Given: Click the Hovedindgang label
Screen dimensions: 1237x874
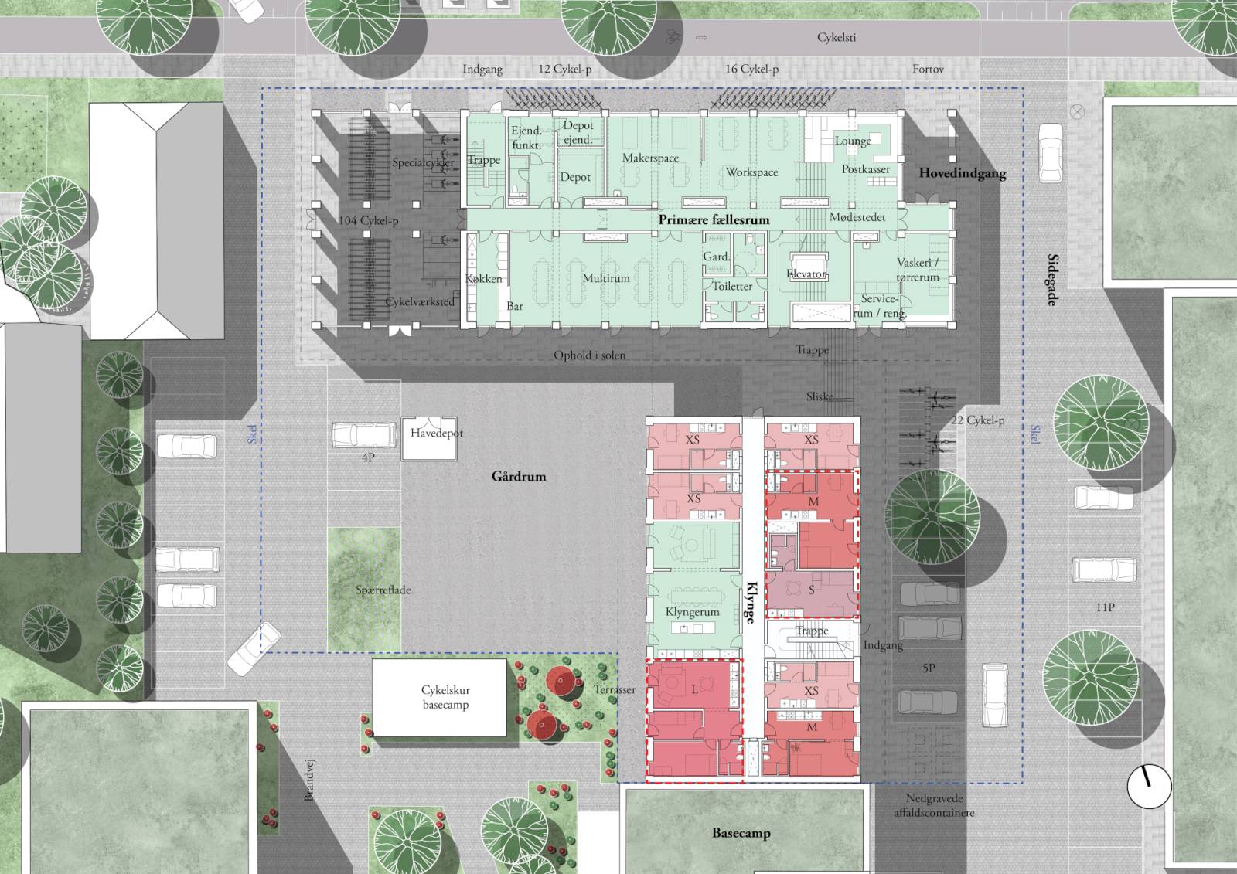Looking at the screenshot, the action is coord(963,173).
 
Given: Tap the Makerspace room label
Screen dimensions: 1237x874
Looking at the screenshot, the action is coord(650,158).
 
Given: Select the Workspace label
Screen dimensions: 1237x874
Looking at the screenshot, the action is coord(751,172).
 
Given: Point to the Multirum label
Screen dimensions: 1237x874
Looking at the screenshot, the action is coord(606,278).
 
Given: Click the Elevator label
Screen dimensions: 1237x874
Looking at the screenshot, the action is coord(806,274).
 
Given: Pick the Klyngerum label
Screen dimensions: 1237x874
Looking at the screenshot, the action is coord(693,612).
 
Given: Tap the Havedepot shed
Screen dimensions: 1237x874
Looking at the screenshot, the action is coord(429,439).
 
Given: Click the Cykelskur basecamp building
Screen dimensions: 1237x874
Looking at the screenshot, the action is coord(440,697).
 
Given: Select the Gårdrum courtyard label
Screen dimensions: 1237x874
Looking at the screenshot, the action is coord(519,476).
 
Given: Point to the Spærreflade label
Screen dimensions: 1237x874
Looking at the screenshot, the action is coord(383,590).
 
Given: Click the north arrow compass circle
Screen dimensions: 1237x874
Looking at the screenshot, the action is coord(1149,787).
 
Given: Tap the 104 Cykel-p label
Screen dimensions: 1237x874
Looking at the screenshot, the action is coord(368,221).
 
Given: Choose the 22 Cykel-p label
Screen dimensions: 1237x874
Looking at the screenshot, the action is coord(977,420).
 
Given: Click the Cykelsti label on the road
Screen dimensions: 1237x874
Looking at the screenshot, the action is coord(837,38).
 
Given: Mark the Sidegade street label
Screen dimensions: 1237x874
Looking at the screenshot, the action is coord(1053,280).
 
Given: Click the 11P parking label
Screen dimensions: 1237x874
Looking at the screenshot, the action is coord(1106,607).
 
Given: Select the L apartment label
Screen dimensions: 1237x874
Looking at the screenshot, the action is coord(695,689).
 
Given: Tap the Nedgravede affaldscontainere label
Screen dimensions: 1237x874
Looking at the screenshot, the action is coord(935,805).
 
